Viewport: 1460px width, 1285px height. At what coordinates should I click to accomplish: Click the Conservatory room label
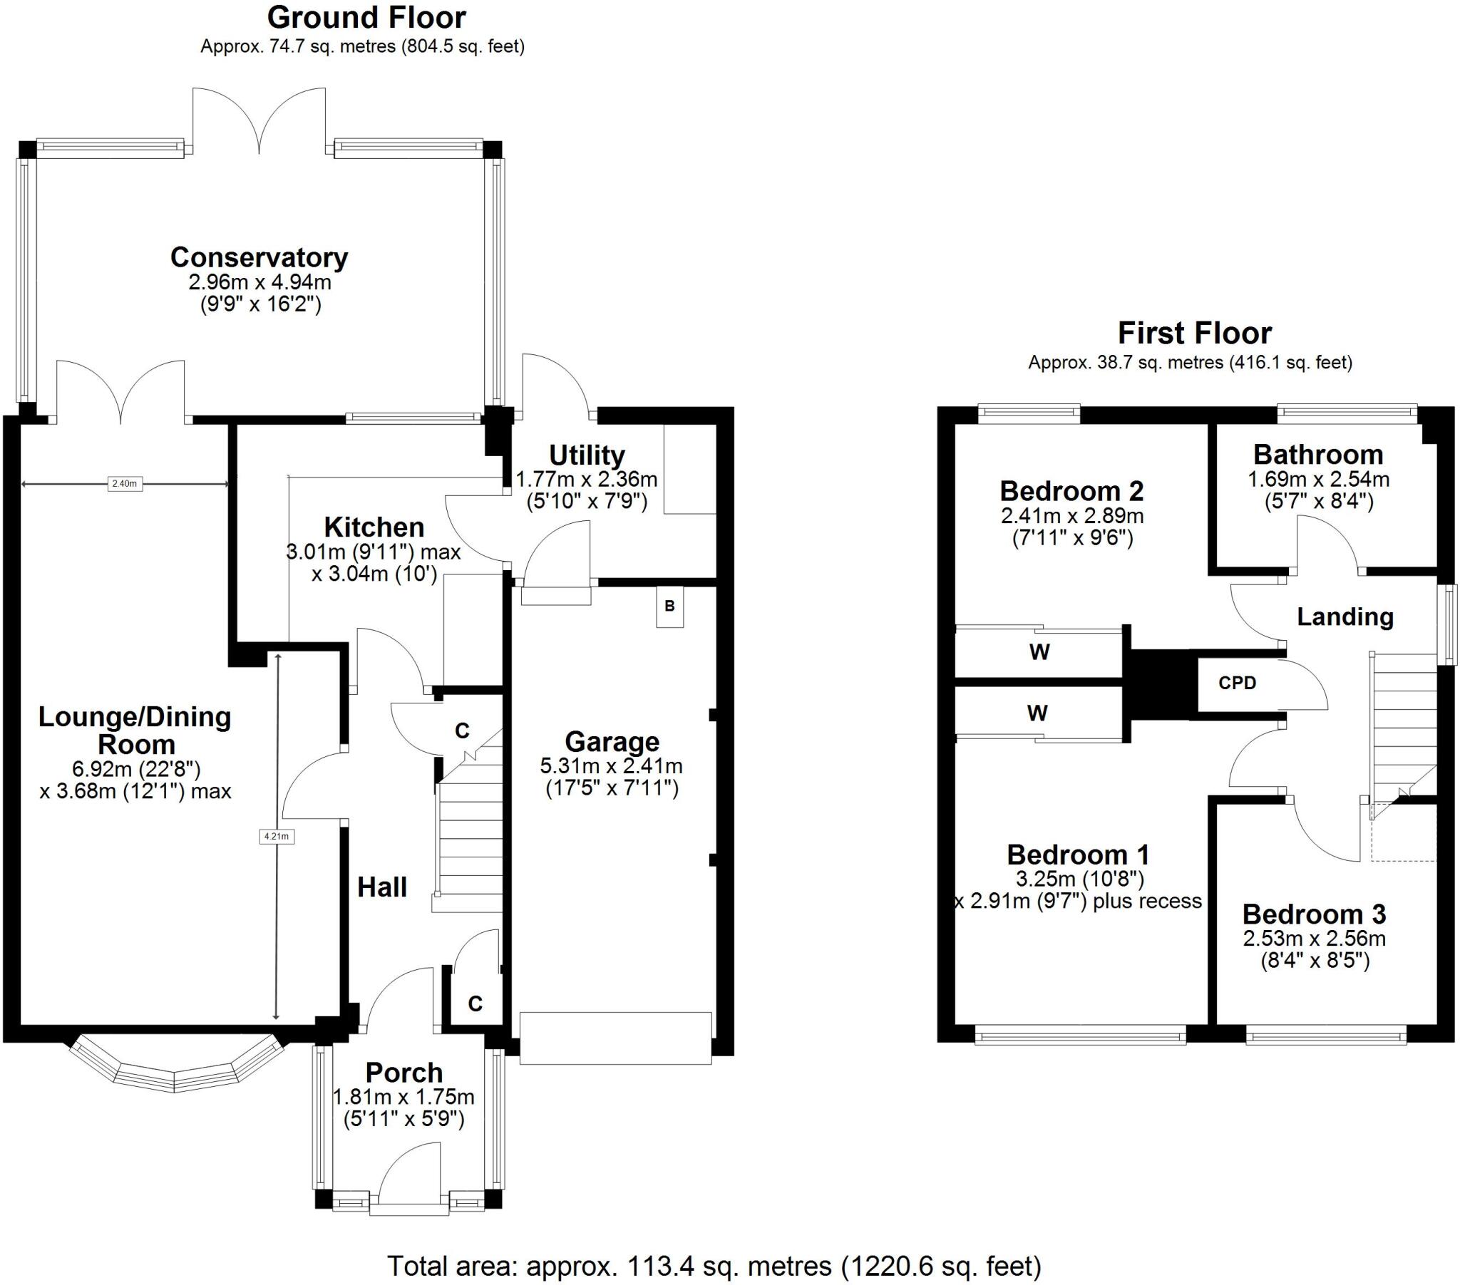259,257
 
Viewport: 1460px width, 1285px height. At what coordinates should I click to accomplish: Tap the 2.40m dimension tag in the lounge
124,484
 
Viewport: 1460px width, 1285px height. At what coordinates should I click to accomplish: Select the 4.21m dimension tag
277,837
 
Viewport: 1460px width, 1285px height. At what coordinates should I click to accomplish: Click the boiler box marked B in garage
669,607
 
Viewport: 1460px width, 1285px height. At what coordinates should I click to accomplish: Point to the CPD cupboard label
1237,683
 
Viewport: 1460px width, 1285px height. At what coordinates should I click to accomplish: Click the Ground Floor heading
366,17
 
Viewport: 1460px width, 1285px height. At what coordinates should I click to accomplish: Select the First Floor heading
1194,333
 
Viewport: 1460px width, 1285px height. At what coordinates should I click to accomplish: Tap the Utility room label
587,455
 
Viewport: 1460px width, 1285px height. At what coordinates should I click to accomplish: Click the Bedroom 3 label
1314,914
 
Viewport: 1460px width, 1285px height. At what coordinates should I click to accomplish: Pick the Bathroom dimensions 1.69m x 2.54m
1318,479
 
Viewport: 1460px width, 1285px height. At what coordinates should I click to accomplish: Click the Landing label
1345,616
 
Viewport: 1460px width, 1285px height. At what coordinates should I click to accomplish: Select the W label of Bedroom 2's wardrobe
1039,651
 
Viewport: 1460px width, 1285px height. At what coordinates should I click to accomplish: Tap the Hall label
382,887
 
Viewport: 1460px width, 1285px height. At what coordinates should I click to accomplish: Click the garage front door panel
615,1038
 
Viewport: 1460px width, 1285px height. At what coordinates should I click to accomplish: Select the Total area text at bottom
714,1266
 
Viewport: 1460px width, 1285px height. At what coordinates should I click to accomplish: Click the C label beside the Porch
475,1003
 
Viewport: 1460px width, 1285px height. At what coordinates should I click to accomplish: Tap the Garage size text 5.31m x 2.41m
611,766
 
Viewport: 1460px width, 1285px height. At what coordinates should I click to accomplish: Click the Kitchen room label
374,527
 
